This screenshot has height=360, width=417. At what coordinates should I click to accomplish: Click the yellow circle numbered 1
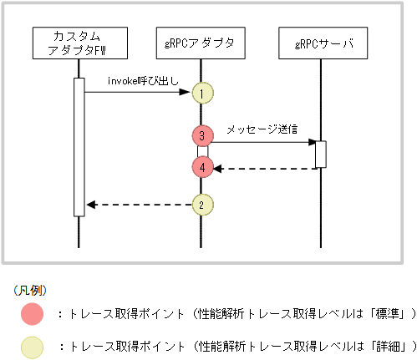pos(201,94)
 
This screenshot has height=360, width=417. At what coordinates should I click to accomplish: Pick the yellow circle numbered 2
pos(201,204)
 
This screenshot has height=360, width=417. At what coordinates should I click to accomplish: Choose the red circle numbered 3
pos(201,135)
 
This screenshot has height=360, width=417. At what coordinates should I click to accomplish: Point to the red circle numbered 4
pos(201,167)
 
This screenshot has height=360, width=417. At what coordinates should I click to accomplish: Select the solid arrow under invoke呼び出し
pos(138,93)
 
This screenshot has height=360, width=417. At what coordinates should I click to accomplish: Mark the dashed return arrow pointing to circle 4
pos(264,168)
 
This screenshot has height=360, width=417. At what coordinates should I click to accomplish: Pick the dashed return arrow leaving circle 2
pos(138,204)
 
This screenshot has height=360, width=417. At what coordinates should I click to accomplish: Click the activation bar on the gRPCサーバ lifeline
pos(320,155)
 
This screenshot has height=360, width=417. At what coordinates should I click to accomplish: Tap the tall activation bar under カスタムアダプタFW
pos(79,146)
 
